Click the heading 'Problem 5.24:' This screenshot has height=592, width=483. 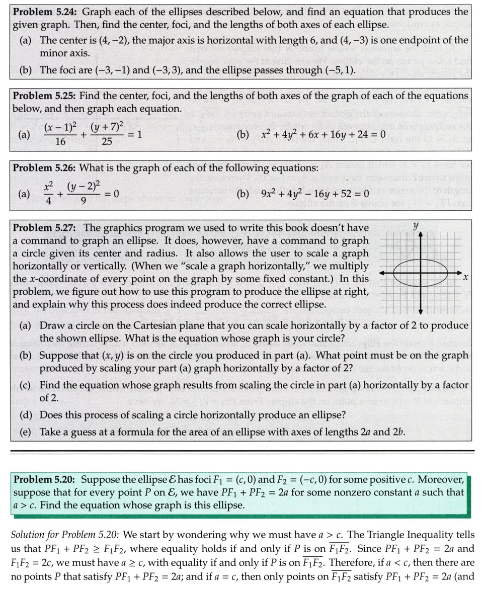click(45, 12)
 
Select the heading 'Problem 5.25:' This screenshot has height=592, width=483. click(45, 96)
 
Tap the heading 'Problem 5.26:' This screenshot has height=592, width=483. click(45, 168)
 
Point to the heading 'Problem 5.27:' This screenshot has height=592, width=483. click(45, 228)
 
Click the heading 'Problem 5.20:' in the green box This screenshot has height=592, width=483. click(46, 479)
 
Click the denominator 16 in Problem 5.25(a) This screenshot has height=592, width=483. click(60, 142)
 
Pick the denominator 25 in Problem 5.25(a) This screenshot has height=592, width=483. click(107, 142)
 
